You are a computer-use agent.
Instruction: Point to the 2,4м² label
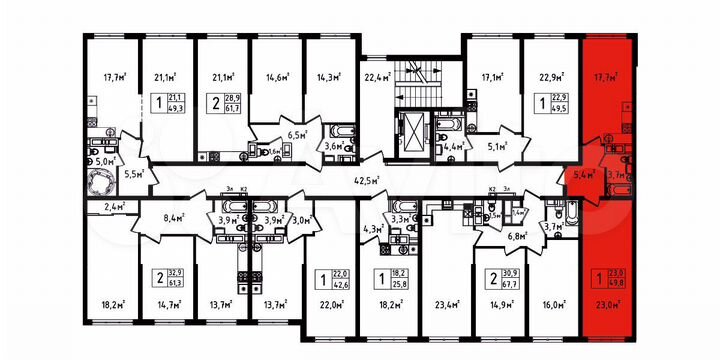tap(113, 207)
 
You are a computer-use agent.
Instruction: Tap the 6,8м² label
tap(517, 237)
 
